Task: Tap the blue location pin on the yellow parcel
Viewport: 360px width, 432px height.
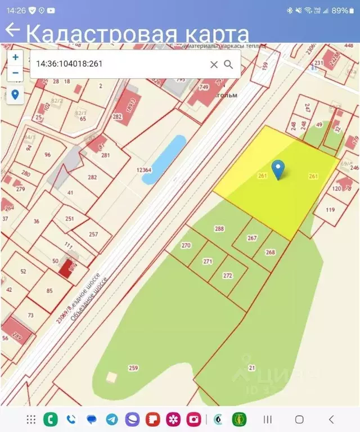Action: click(x=277, y=168)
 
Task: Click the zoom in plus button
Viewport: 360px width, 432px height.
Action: click(x=15, y=57)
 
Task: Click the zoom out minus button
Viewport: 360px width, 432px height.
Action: click(x=15, y=73)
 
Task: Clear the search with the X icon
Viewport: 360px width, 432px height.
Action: click(x=214, y=64)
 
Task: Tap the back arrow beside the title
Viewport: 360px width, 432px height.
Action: click(x=12, y=30)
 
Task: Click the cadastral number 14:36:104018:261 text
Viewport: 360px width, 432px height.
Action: click(x=69, y=64)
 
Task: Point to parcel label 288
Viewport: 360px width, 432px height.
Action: click(x=219, y=229)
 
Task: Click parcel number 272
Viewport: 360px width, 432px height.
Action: click(x=228, y=276)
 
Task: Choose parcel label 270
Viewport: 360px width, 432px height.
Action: click(x=186, y=245)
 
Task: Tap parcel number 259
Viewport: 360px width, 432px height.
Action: click(x=133, y=368)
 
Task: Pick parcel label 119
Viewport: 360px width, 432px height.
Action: click(x=330, y=210)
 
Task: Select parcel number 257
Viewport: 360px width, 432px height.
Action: click(x=93, y=234)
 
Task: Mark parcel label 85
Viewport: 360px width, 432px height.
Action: click(x=49, y=290)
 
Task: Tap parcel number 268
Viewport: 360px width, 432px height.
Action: click(x=271, y=252)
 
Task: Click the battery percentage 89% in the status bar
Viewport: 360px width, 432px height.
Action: click(x=340, y=10)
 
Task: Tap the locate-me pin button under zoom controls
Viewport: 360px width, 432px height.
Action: click(x=15, y=94)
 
